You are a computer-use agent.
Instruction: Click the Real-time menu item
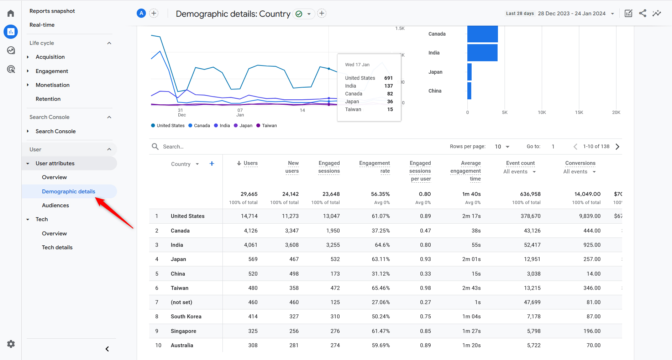(42, 25)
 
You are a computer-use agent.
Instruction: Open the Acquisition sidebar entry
(50, 57)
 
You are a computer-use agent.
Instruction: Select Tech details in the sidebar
(57, 247)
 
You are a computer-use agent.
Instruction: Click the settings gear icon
(11, 344)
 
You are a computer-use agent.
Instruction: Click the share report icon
(642, 14)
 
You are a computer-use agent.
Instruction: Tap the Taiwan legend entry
(269, 126)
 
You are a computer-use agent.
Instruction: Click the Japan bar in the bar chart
(469, 72)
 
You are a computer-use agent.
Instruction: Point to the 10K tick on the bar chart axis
(542, 113)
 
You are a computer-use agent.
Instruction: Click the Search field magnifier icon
(155, 147)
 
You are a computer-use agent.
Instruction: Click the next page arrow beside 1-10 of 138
(618, 147)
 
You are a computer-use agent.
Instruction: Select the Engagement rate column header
(374, 167)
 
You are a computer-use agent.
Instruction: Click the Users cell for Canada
(251, 231)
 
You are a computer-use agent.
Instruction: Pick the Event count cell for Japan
(532, 259)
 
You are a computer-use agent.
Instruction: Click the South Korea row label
(186, 317)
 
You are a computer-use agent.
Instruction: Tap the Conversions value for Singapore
(592, 331)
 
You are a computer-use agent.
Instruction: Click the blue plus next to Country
(212, 164)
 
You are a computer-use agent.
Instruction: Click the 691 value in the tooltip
(388, 78)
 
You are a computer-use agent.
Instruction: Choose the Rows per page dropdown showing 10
(502, 147)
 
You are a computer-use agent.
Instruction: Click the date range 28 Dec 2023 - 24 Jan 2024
(572, 14)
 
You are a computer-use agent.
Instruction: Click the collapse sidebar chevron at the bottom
(107, 349)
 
